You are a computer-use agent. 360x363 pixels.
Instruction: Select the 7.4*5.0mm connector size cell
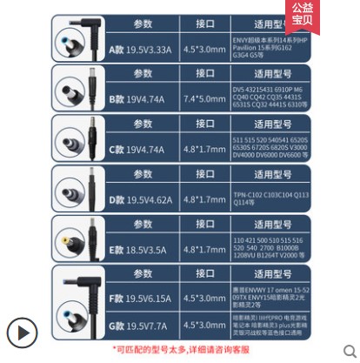click(x=205, y=99)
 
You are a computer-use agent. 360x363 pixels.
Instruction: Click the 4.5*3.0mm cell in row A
click(x=205, y=50)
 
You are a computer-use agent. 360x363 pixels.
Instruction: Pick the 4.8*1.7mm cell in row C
click(x=205, y=149)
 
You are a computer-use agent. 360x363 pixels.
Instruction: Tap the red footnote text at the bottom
click(x=180, y=349)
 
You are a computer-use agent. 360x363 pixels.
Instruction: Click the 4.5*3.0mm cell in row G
click(x=205, y=326)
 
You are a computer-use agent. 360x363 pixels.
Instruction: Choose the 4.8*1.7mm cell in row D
click(x=205, y=199)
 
